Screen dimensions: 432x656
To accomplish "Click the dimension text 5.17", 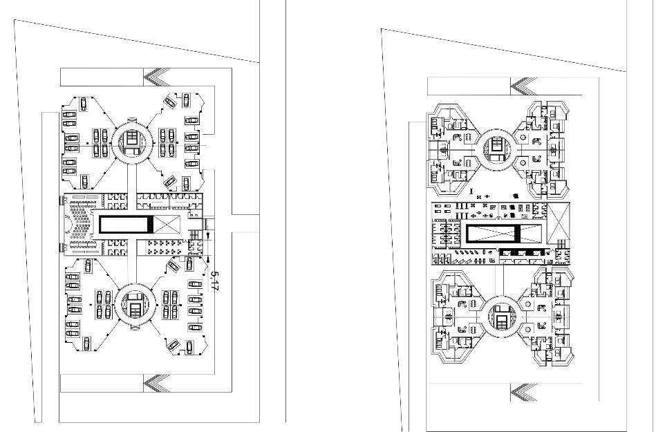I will tap(214, 282).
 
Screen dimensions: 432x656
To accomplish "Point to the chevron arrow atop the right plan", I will tap(523, 86).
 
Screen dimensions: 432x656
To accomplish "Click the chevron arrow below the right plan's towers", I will tap(523, 393).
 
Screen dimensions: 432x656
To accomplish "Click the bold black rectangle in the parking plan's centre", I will tap(125, 223).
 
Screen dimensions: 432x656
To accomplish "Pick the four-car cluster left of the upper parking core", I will tap(100, 142).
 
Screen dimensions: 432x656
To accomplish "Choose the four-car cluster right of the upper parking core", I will tap(167, 142).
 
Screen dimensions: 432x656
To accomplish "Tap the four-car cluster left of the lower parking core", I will tap(102, 304).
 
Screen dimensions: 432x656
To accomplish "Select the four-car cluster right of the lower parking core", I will tap(169, 304).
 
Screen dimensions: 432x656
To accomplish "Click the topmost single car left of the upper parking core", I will tap(84, 104).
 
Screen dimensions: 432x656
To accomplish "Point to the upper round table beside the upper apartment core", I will tap(457, 138).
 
